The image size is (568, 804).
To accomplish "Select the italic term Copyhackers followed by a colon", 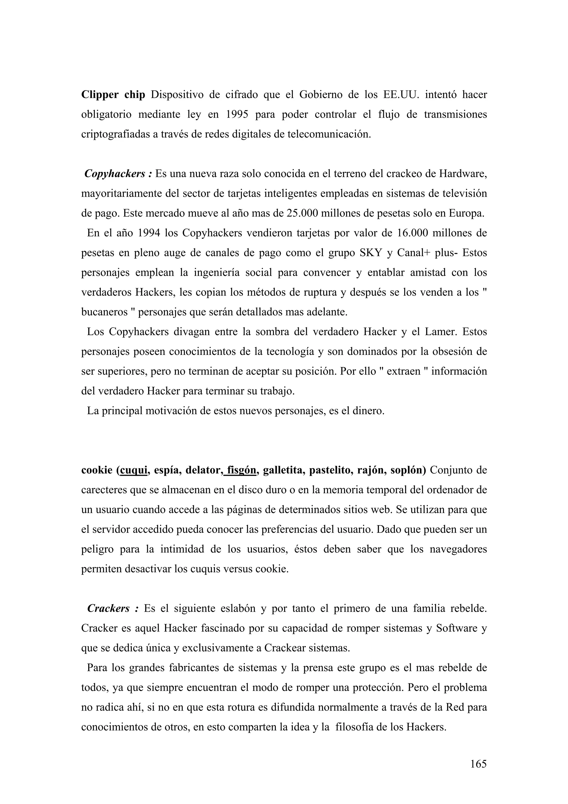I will [118, 174].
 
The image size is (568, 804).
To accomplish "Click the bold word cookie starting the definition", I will [97, 470].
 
